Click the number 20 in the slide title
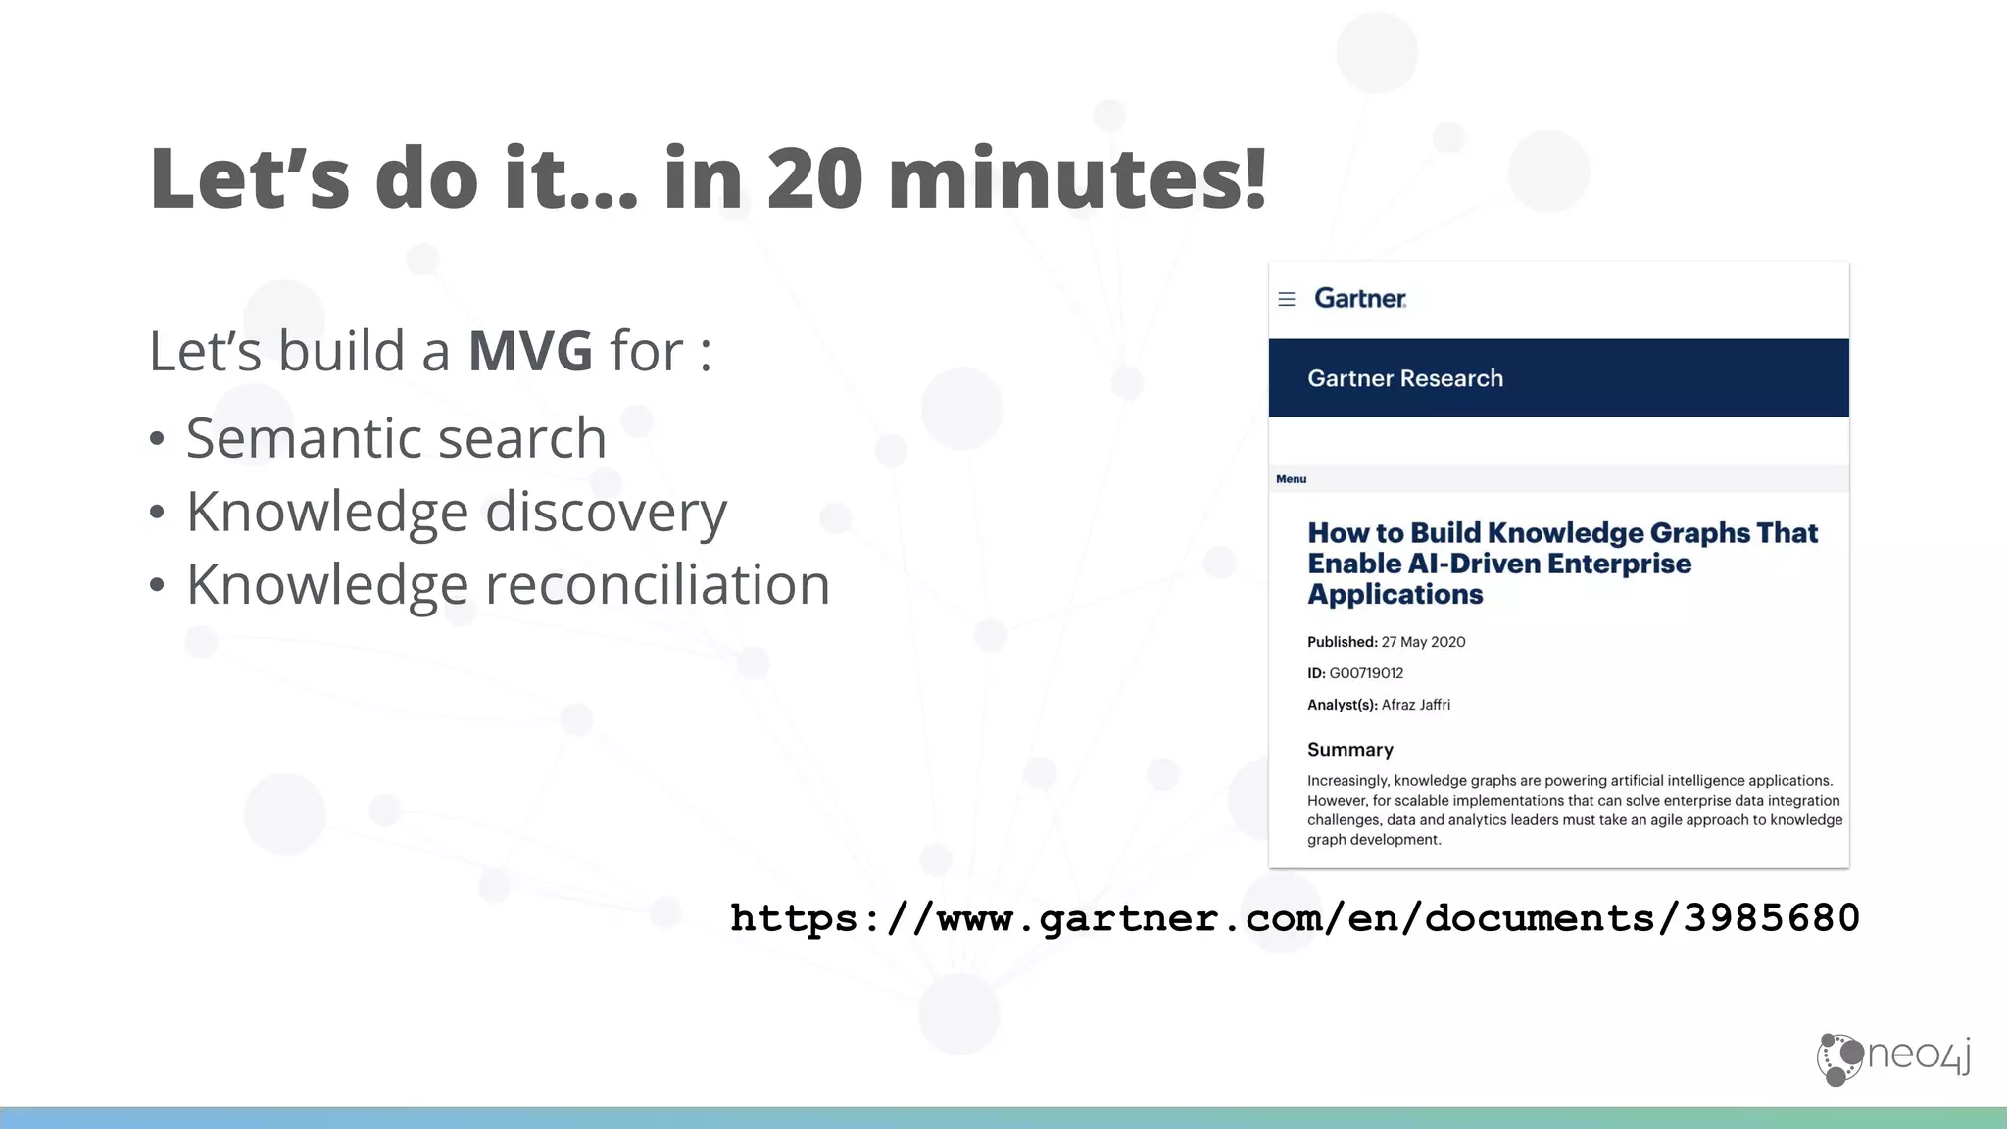(815, 179)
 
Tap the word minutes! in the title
(1077, 179)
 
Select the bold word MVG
(530, 352)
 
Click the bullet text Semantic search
(396, 438)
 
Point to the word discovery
(606, 513)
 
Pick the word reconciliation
(658, 585)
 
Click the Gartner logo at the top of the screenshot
(1360, 298)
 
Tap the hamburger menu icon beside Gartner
(1287, 299)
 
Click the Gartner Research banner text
(1404, 378)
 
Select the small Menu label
(1291, 479)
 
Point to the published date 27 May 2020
(1423, 642)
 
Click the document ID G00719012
(1366, 673)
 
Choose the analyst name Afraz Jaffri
(1415, 705)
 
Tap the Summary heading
(1349, 750)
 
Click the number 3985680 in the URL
(1771, 918)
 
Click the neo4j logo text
(1919, 1055)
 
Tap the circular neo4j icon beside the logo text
(1839, 1059)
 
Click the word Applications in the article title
(1395, 595)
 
